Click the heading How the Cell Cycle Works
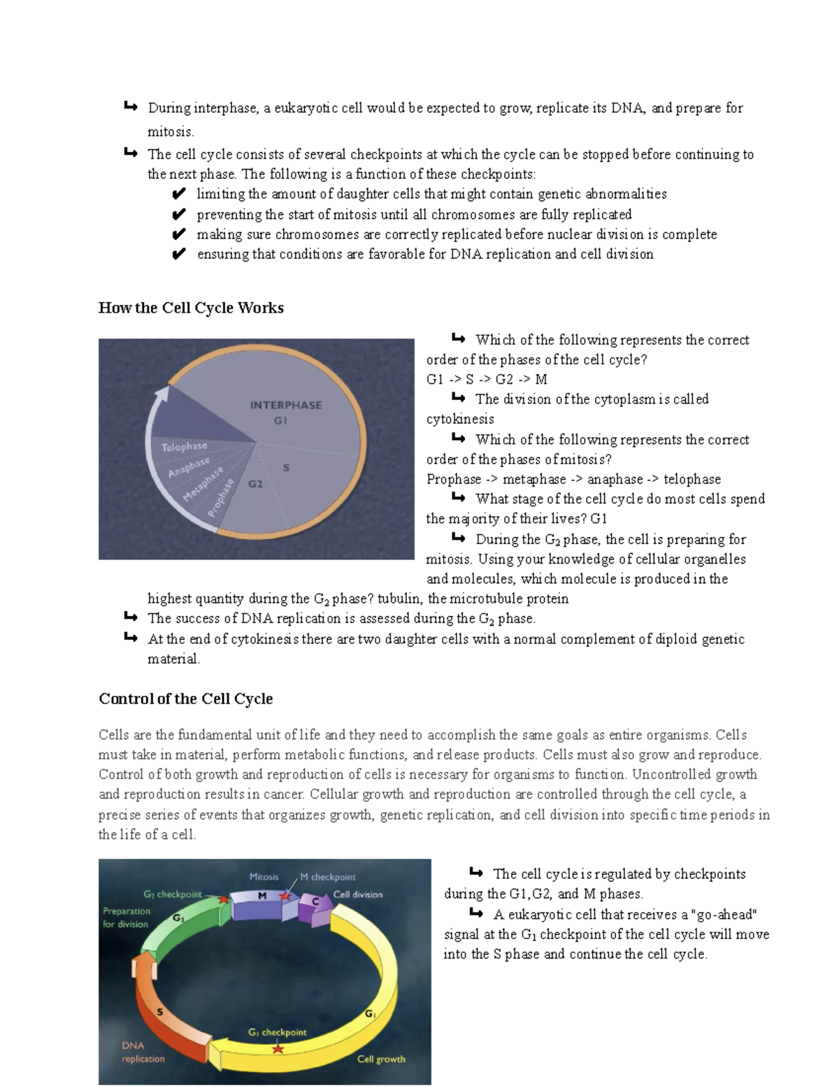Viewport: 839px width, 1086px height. [x=191, y=308]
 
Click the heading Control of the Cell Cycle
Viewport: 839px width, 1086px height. [x=185, y=699]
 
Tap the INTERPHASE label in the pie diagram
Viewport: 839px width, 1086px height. [x=286, y=405]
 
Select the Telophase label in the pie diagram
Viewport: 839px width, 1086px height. [x=184, y=446]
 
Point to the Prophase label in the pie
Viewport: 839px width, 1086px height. [x=220, y=498]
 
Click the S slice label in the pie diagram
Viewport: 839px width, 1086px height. [x=286, y=467]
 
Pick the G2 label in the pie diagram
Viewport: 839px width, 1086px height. [x=255, y=484]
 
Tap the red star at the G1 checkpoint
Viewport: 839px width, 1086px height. [x=278, y=1048]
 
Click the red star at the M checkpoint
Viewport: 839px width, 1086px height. [x=285, y=896]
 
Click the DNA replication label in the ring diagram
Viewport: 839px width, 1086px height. [x=143, y=1052]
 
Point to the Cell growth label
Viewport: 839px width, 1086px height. [x=381, y=1059]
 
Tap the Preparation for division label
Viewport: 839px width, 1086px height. [x=126, y=917]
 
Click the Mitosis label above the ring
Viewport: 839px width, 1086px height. [x=264, y=876]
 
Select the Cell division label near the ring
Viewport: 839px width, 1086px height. [x=358, y=894]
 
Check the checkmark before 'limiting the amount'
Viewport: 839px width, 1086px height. [x=178, y=194]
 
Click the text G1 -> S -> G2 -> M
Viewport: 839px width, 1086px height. [x=487, y=379]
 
